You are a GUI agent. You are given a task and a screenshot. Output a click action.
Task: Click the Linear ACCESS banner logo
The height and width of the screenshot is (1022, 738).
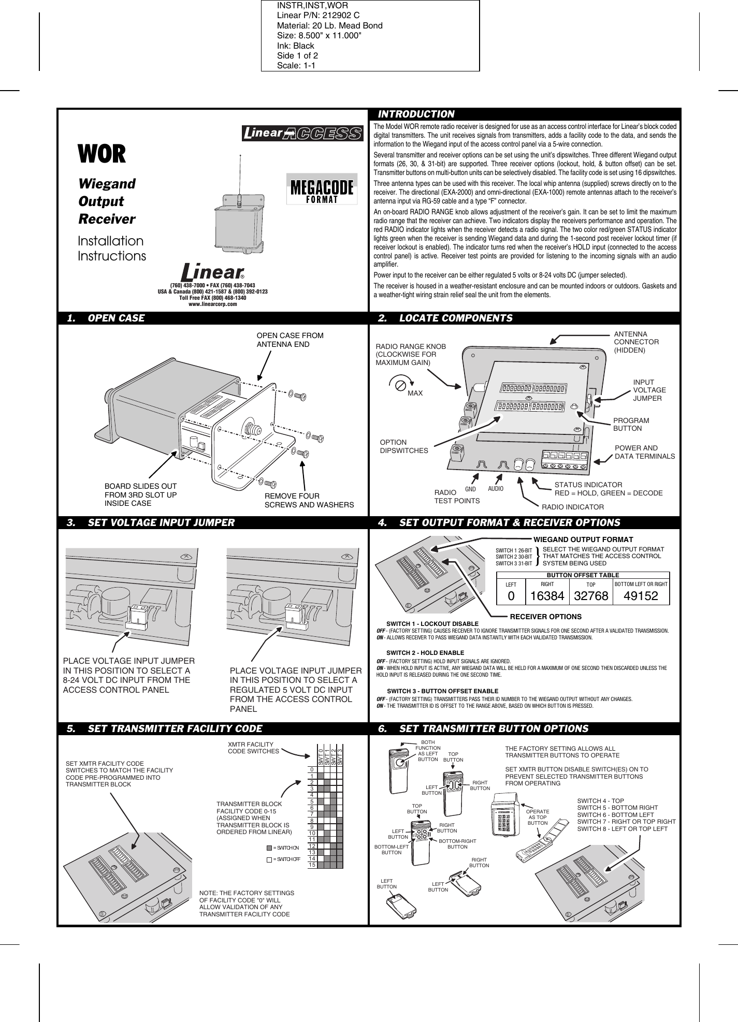[x=303, y=133]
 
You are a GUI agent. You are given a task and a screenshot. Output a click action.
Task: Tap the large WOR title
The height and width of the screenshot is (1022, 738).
[x=102, y=154]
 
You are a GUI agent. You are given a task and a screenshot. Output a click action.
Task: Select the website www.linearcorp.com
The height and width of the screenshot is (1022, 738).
[x=212, y=304]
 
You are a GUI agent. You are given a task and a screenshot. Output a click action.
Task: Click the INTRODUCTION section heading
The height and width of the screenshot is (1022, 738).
[x=416, y=114]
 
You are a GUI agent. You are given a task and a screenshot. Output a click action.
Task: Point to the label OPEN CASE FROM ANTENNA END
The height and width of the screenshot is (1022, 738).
[x=290, y=340]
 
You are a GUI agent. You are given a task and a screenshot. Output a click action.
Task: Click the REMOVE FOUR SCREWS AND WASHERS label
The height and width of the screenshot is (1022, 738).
[x=309, y=500]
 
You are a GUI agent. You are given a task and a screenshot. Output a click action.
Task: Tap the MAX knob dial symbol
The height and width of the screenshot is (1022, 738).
[x=400, y=385]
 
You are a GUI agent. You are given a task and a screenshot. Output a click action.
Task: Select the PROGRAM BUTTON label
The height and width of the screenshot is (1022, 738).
[x=631, y=424]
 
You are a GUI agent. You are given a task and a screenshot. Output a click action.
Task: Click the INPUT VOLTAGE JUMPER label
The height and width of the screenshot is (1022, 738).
[x=649, y=390]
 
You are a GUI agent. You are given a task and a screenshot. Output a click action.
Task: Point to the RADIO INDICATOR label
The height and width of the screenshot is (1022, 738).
[x=572, y=506]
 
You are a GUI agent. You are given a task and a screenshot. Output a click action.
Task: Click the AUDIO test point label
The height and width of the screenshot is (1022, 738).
[x=496, y=488]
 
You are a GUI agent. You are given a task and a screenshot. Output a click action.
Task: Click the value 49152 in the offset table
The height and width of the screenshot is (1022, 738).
[x=641, y=596]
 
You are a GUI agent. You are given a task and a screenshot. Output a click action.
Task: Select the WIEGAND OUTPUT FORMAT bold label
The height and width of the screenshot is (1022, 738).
[x=583, y=539]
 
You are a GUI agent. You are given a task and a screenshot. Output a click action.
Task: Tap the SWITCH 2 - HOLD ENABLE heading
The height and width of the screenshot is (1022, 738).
[x=425, y=652]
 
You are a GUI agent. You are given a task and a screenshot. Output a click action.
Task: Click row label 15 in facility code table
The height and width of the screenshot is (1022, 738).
[x=312, y=865]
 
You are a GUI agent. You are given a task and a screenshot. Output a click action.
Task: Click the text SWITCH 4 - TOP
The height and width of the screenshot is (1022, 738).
[x=600, y=800]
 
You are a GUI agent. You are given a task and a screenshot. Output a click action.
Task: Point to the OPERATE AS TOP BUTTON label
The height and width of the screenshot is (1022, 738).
[x=538, y=817]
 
